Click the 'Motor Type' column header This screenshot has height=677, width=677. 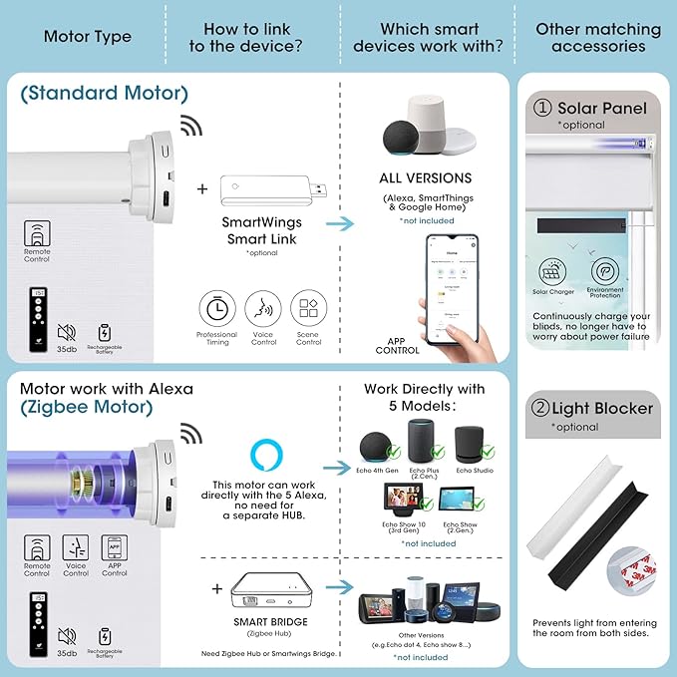[x=87, y=37]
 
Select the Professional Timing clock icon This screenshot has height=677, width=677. [x=216, y=308]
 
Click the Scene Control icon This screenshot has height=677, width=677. [x=309, y=308]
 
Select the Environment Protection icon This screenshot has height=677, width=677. [x=605, y=271]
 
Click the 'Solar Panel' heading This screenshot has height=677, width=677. [x=601, y=108]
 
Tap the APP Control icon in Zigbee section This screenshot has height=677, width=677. [x=115, y=546]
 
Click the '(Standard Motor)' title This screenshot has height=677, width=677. [x=103, y=95]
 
